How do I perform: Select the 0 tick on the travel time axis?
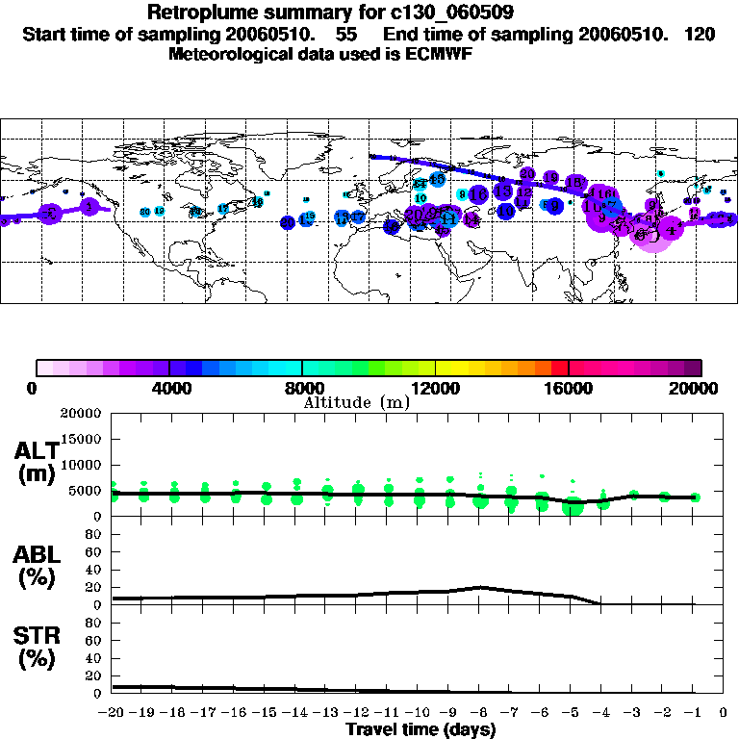click(725, 714)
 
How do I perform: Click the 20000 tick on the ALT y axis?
click(80, 414)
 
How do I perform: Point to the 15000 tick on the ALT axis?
click(80, 440)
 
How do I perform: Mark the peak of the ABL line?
click(481, 587)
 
